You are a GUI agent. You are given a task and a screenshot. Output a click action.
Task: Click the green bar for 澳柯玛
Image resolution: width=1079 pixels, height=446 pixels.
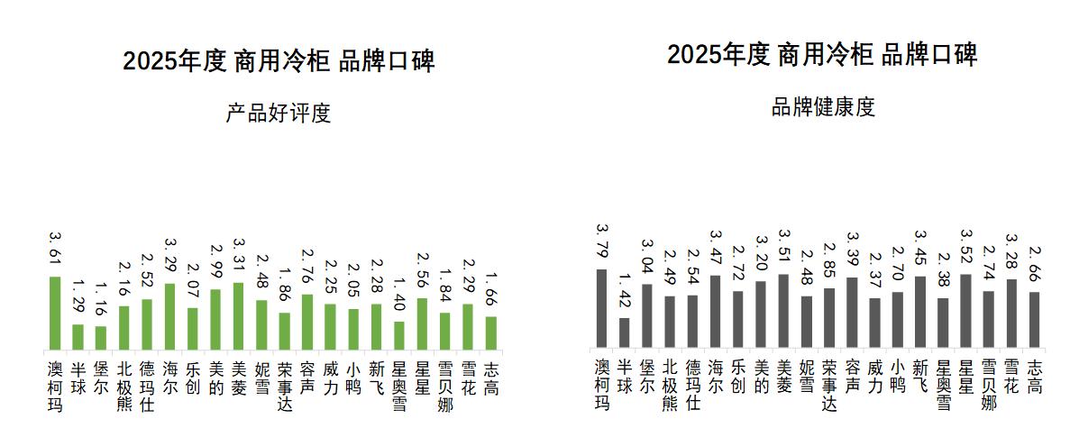point(55,313)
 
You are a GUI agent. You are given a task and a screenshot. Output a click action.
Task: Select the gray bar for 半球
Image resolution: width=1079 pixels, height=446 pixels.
point(624,332)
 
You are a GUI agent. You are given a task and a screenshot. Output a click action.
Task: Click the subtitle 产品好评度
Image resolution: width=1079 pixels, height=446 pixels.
point(278,114)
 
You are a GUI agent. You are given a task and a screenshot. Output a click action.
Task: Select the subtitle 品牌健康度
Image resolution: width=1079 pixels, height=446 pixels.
point(823,107)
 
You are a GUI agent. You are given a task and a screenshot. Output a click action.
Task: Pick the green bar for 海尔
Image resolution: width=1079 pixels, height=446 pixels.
point(169,316)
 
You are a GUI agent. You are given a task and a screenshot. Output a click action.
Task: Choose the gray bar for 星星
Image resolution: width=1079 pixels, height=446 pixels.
point(965,310)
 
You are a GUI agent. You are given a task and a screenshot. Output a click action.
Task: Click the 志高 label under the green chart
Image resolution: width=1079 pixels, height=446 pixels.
point(490,379)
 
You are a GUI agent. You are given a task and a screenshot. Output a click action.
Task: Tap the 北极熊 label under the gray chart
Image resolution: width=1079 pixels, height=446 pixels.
point(669,385)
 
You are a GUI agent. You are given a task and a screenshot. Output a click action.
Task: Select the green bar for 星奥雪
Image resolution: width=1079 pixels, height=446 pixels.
point(398,335)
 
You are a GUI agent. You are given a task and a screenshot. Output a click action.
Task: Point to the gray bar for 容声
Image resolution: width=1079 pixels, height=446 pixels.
point(852,312)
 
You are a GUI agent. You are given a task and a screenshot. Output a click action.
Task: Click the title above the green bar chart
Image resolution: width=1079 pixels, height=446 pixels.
point(279,61)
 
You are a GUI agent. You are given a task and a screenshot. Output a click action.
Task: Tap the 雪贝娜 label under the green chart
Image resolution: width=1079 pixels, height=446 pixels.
point(444,387)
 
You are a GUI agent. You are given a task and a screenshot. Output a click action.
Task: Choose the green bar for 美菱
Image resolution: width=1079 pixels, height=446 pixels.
point(238,316)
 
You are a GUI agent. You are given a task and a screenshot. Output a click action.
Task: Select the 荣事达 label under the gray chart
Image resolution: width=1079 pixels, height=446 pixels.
point(828,385)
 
